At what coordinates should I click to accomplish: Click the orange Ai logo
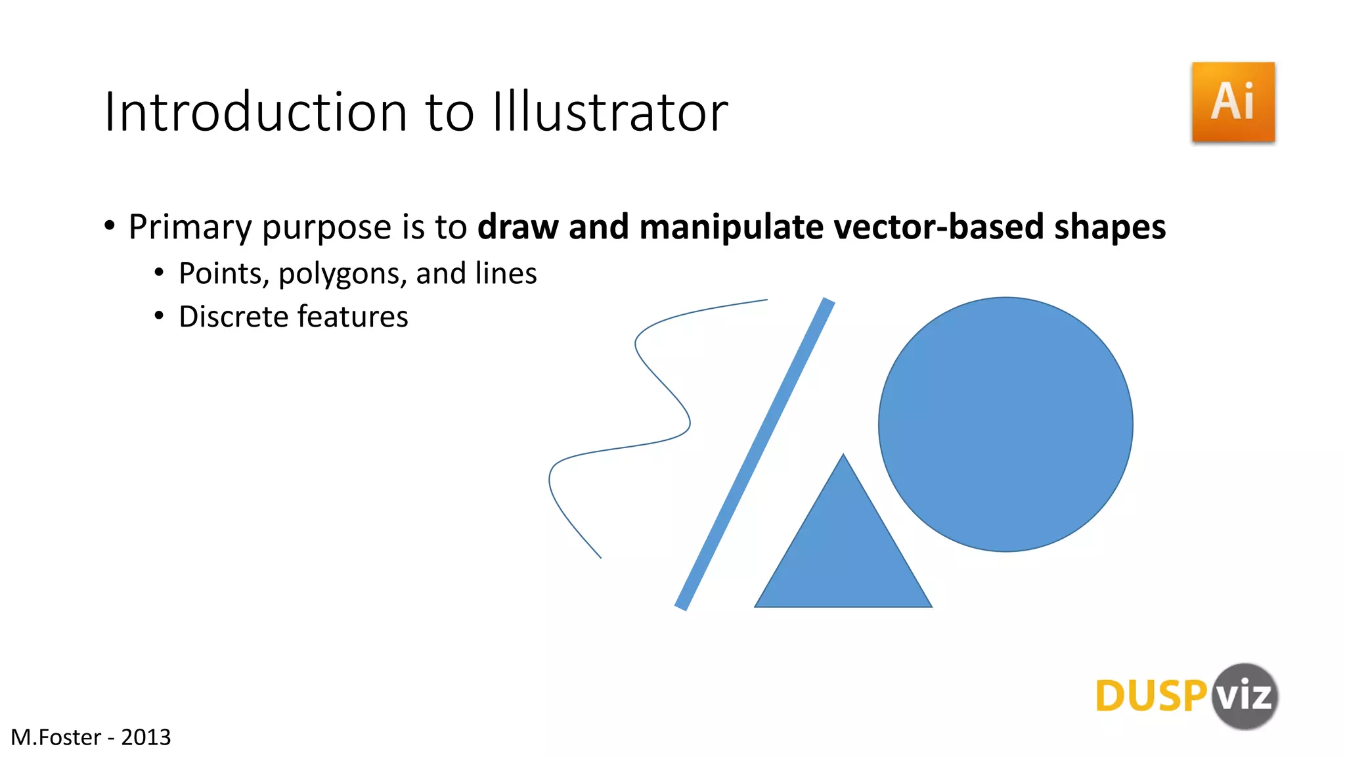1233,102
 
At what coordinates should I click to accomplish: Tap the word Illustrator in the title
610,112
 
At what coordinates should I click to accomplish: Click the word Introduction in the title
256,112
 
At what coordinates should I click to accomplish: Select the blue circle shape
1005,424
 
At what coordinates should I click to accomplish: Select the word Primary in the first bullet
190,227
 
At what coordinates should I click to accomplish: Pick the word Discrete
233,317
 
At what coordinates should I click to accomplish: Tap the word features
355,317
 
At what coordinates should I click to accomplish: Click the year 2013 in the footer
146,737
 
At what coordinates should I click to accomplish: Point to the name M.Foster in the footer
56,737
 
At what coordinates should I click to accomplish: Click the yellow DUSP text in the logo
1151,697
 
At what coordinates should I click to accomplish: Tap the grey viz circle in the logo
1244,697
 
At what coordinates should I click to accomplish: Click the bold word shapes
1110,227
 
